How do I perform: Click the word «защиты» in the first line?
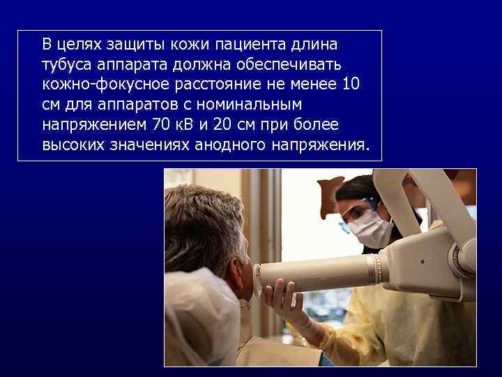tap(132, 45)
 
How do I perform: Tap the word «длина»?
tap(316, 45)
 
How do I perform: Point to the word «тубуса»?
tap(65, 65)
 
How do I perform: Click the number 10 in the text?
tap(351, 85)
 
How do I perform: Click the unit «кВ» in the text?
tap(185, 126)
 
